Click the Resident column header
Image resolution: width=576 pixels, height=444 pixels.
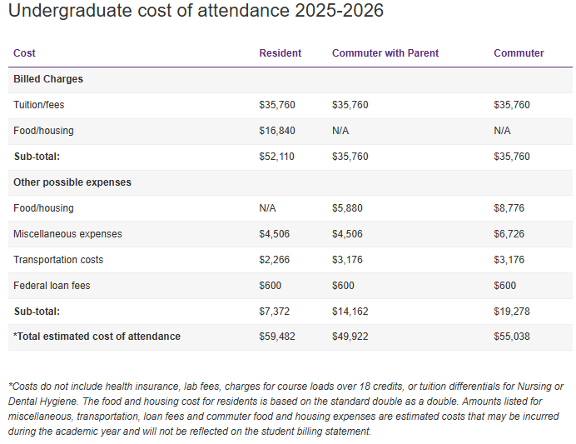pos(281,53)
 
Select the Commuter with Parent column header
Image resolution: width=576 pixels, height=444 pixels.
pos(385,53)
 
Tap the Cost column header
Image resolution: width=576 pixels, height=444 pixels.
pos(24,53)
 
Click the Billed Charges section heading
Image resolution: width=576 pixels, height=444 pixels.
pos(48,79)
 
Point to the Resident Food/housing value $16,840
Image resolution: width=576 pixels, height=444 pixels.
pos(277,131)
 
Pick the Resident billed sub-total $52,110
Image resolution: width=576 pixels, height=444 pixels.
pos(277,157)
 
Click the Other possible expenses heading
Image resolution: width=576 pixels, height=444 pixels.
pos(72,182)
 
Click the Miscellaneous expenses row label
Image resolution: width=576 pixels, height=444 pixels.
pos(67,234)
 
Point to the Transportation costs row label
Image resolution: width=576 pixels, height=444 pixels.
pos(58,260)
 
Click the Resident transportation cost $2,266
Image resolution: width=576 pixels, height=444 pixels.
pos(275,260)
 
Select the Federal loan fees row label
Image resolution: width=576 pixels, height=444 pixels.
pos(52,286)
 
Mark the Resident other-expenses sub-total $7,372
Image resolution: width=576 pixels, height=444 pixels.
pos(275,312)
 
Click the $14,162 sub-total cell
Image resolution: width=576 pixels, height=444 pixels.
pos(350,312)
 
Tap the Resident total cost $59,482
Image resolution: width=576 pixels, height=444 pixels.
pos(277,337)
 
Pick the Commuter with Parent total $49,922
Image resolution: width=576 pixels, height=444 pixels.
pos(350,337)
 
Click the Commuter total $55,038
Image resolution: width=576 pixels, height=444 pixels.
pos(512,337)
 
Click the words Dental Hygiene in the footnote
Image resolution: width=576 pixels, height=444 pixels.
pos(39,402)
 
